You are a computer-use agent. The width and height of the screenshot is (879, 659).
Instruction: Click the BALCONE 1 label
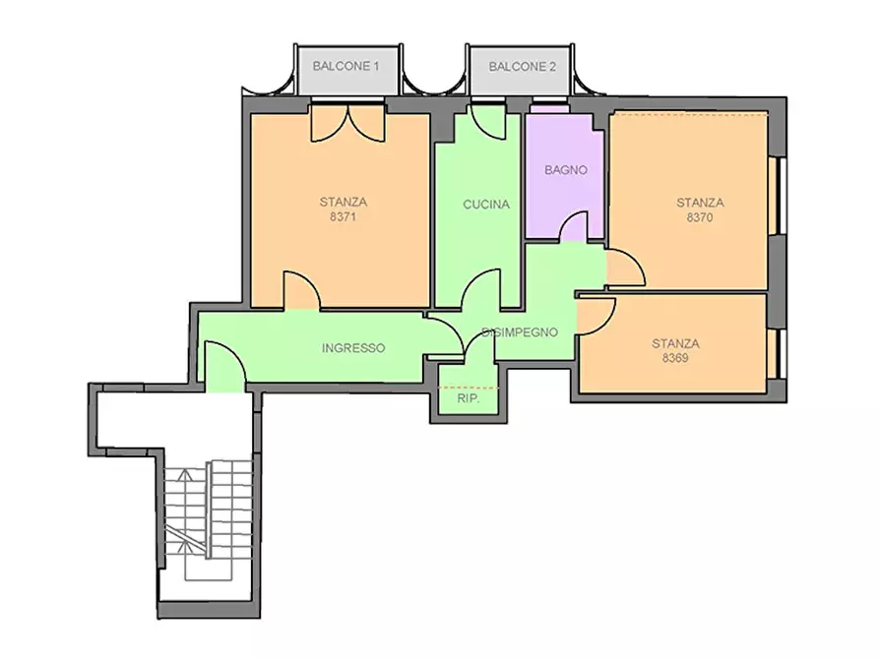pyautogui.click(x=345, y=66)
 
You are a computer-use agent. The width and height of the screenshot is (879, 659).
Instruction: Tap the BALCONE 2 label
pyautogui.click(x=522, y=67)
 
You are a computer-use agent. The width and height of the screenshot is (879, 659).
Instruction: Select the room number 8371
pyautogui.click(x=344, y=216)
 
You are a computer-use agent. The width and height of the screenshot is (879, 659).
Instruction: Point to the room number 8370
pyautogui.click(x=700, y=217)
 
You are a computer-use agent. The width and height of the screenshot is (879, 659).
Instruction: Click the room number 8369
pyautogui.click(x=675, y=358)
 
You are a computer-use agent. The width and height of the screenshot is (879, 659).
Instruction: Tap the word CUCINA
pyautogui.click(x=486, y=205)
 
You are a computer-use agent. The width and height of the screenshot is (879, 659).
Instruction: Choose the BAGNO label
pyautogui.click(x=566, y=170)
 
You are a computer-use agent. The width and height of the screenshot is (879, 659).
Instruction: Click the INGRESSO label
pyautogui.click(x=353, y=348)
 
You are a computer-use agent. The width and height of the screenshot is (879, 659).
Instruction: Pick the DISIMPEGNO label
pyautogui.click(x=521, y=332)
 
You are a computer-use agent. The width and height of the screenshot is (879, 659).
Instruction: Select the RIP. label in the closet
pyautogui.click(x=469, y=399)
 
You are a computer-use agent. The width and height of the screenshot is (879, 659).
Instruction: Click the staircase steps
pyautogui.click(x=209, y=520)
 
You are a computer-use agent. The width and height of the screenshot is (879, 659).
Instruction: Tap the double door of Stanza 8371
pyautogui.click(x=348, y=122)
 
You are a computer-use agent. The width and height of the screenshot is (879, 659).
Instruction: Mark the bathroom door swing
pyautogui.click(x=574, y=226)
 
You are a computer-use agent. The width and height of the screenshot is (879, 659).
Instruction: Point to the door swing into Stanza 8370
pyautogui.click(x=626, y=268)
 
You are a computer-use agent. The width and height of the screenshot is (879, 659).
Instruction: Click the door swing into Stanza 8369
pyautogui.click(x=596, y=316)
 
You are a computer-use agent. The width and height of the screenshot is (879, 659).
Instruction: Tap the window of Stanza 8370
pyautogui.click(x=778, y=196)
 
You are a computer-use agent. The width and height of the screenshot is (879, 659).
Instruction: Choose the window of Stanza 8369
pyautogui.click(x=778, y=353)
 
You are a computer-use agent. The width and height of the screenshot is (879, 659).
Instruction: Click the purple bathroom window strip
pyautogui.click(x=549, y=109)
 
